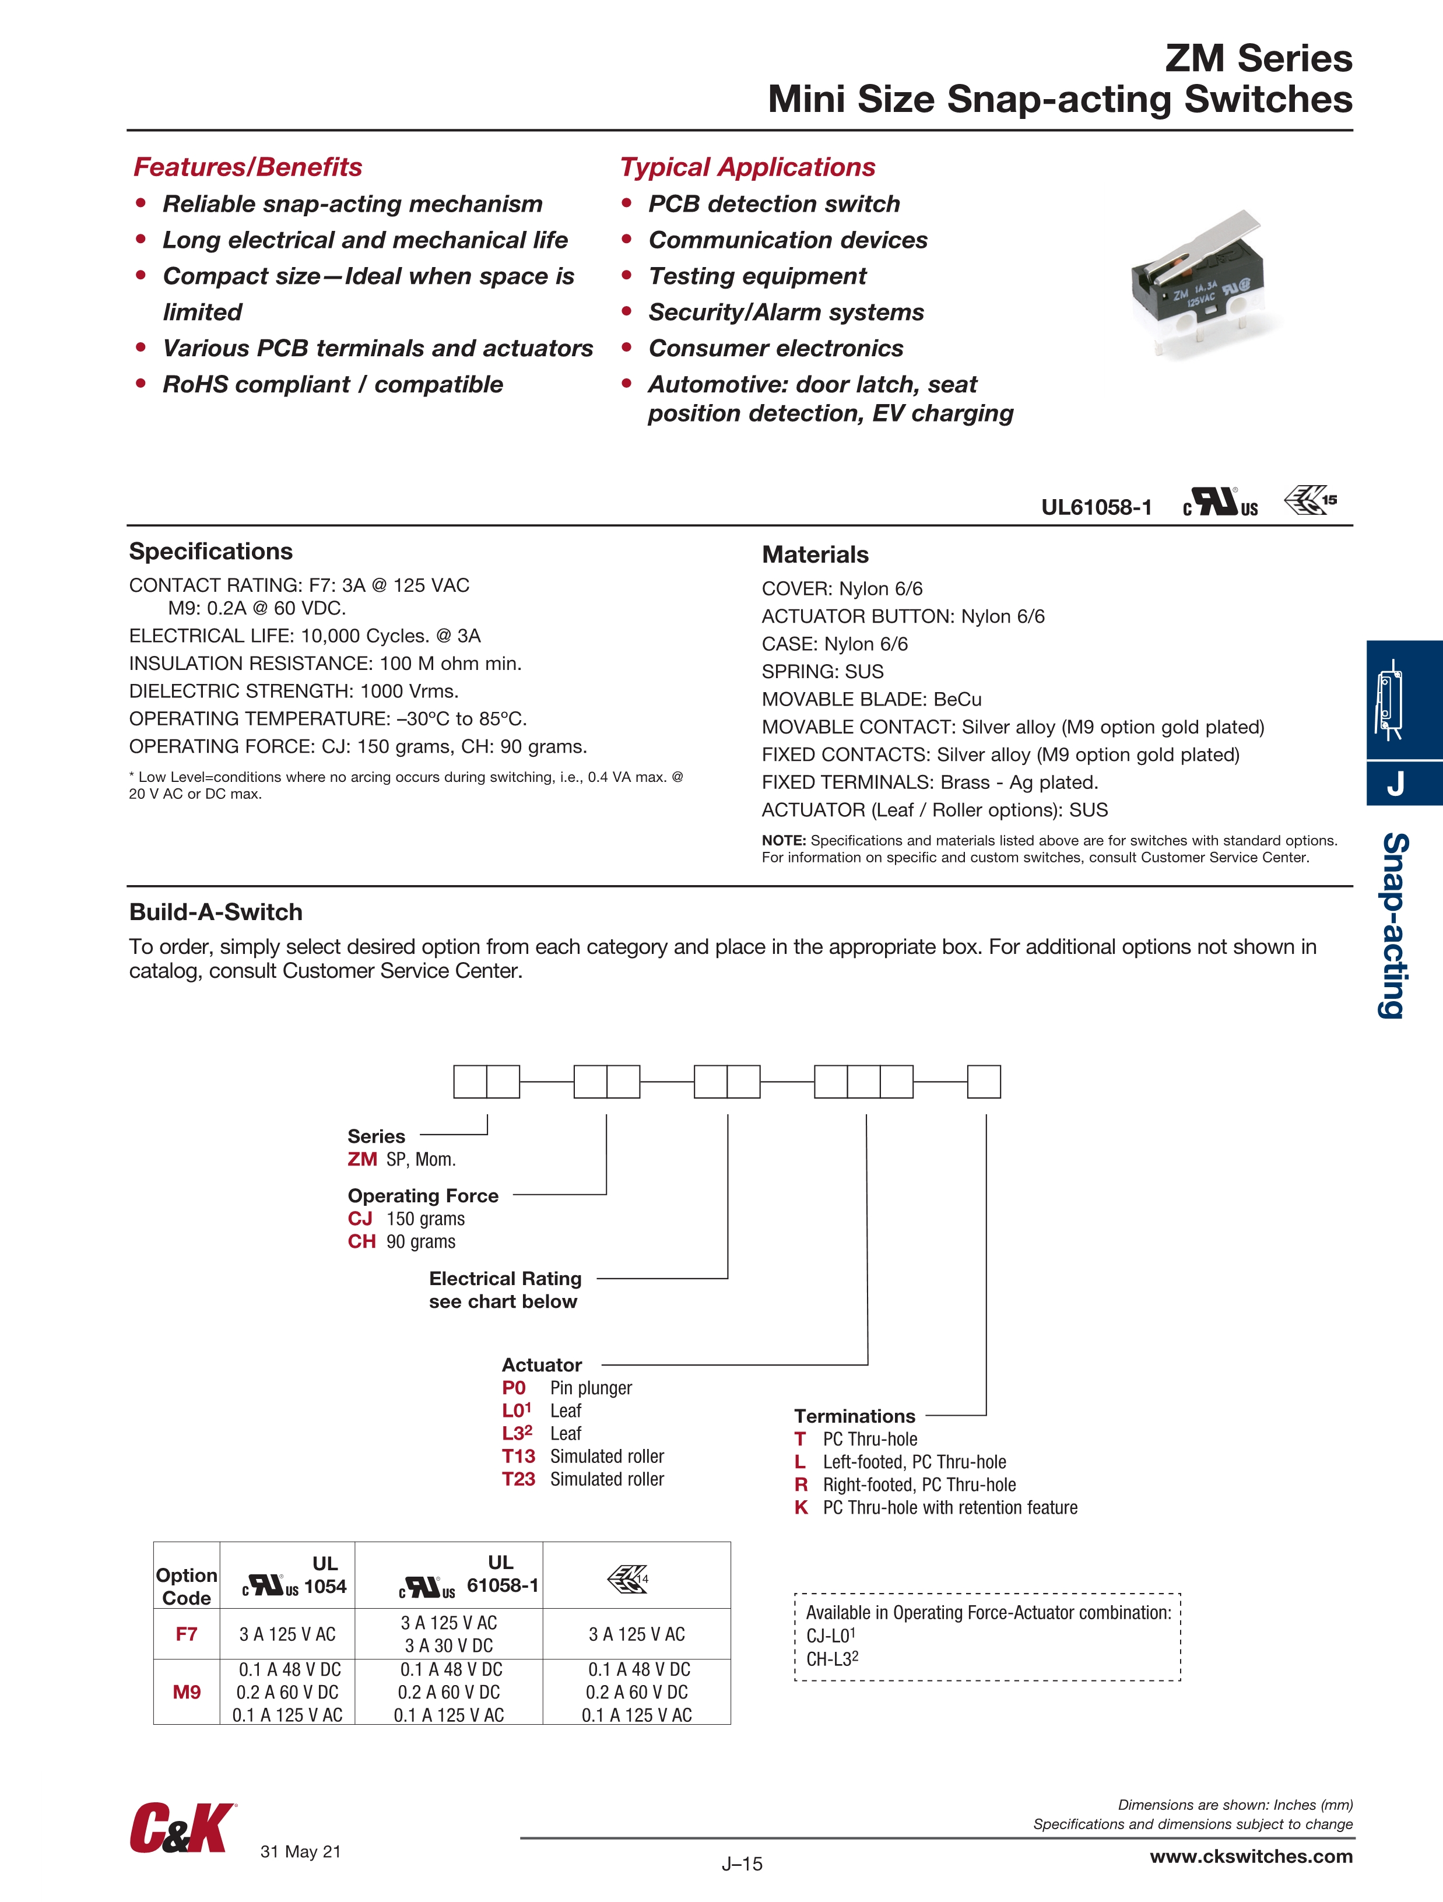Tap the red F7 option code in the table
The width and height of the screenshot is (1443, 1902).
187,1634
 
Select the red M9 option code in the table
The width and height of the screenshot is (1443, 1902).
187,1692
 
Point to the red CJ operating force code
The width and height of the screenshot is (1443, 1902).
360,1219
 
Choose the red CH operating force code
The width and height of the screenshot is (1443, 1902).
361,1241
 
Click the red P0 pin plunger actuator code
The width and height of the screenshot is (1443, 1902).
514,1388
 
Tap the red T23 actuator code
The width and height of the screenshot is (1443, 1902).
518,1479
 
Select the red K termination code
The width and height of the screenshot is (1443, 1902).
801,1507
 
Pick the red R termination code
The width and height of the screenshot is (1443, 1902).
801,1484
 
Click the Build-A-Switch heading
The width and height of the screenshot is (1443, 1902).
216,911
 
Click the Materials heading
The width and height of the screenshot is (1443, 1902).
815,555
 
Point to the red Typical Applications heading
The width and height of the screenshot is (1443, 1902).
747,167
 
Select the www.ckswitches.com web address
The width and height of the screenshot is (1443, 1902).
1251,1857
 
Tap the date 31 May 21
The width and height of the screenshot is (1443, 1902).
300,1851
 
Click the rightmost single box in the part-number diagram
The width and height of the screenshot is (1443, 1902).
984,1082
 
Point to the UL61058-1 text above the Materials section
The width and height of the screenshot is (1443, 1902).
1097,507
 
